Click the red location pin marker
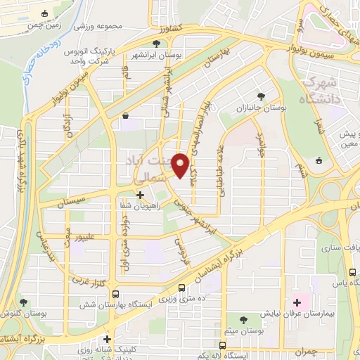[181, 165]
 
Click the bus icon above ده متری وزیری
[182, 287]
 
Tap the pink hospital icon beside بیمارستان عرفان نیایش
[297, 302]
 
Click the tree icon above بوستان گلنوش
[23, 302]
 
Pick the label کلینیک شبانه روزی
[106, 349]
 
